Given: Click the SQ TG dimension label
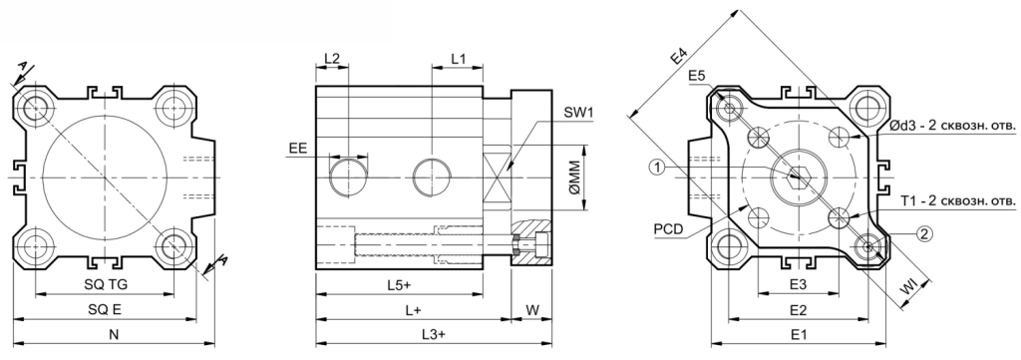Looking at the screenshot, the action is click(x=105, y=284).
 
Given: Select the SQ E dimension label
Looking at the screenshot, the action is click(x=105, y=310).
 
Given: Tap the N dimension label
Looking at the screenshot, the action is click(x=114, y=335).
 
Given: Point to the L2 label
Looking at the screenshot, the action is click(x=332, y=57).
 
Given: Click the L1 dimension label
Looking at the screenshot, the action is click(x=459, y=57).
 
